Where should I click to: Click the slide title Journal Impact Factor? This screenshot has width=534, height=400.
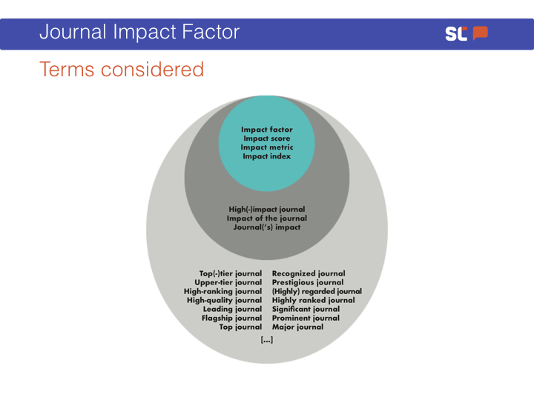tap(139, 32)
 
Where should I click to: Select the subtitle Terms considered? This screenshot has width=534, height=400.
tap(122, 70)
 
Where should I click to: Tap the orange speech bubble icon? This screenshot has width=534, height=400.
tap(480, 33)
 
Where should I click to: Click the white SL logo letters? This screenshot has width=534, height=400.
tap(456, 33)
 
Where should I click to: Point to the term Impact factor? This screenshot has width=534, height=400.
tap(267, 130)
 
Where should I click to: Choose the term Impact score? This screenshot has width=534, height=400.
tap(267, 139)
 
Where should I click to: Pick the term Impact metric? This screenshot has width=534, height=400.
tap(267, 147)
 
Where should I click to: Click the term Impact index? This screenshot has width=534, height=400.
tap(267, 156)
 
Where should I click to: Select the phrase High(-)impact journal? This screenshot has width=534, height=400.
tap(267, 210)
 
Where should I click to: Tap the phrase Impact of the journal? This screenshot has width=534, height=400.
tap(267, 219)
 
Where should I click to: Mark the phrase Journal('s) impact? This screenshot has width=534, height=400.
tap(267, 227)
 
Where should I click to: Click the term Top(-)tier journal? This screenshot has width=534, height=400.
tap(231, 274)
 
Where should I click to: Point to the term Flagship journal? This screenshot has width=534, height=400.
tap(231, 319)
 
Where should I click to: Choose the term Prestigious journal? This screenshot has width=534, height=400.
tap(308, 283)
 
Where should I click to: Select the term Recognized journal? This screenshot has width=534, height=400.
tap(309, 274)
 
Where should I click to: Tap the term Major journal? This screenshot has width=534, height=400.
tap(297, 327)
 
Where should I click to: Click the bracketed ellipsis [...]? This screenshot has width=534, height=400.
tap(267, 340)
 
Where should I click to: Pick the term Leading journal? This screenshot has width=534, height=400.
tap(233, 310)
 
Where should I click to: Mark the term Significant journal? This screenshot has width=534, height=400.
tap(306, 310)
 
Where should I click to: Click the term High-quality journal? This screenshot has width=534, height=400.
tap(225, 300)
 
